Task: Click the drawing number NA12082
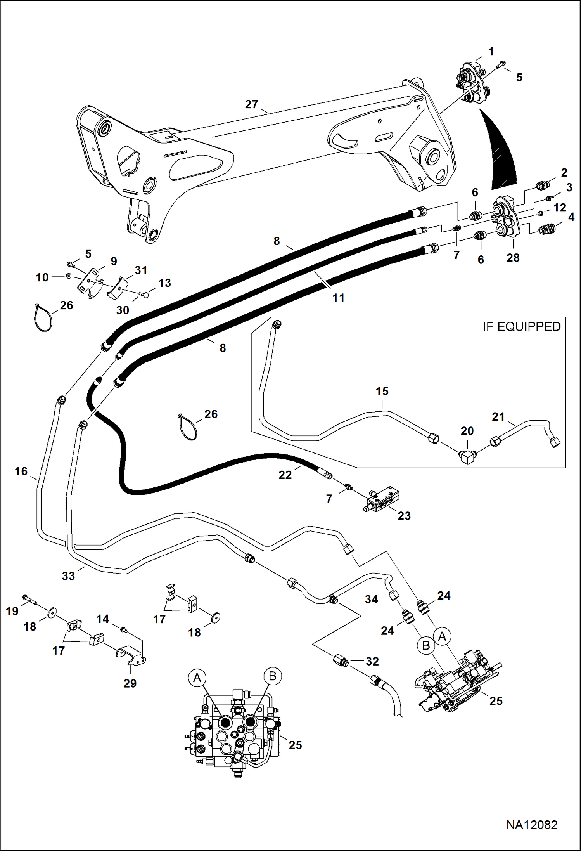[x=531, y=825]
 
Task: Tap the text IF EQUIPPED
[x=521, y=327]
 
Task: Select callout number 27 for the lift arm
[x=251, y=104]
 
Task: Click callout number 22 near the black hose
[x=285, y=475]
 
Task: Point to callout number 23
[x=404, y=516]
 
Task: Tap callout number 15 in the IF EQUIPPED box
[x=382, y=391]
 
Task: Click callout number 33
[x=68, y=576]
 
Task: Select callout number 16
[x=21, y=471]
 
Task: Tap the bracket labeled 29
[x=131, y=655]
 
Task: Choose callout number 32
[x=372, y=661]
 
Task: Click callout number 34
[x=371, y=599]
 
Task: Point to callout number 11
[x=338, y=298]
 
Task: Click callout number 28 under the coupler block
[x=513, y=258]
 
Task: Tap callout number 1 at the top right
[x=491, y=52]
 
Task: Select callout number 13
[x=164, y=283]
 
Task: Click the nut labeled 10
[x=68, y=276]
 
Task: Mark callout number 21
[x=498, y=417]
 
